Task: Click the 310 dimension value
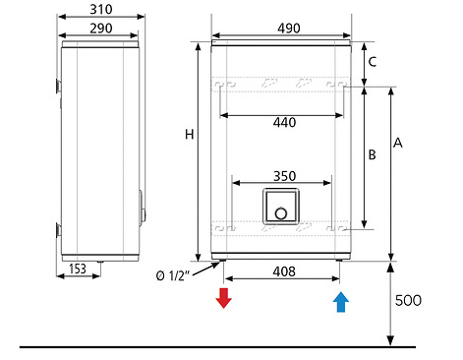point(101,9)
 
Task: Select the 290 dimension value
point(101,29)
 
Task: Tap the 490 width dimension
point(289,29)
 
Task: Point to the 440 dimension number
point(284,123)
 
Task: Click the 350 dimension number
point(285,176)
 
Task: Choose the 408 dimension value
point(284,271)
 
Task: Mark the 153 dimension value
point(78,269)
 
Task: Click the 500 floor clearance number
point(408,300)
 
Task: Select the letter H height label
point(190,135)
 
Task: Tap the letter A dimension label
point(398,143)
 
